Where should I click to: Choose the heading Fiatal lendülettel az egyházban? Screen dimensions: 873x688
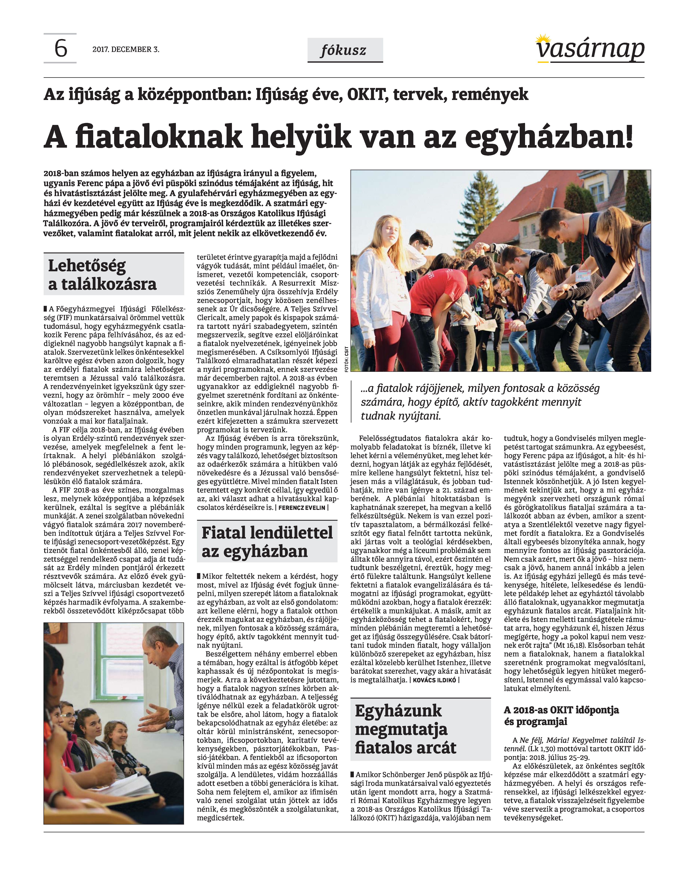(x=267, y=542)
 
